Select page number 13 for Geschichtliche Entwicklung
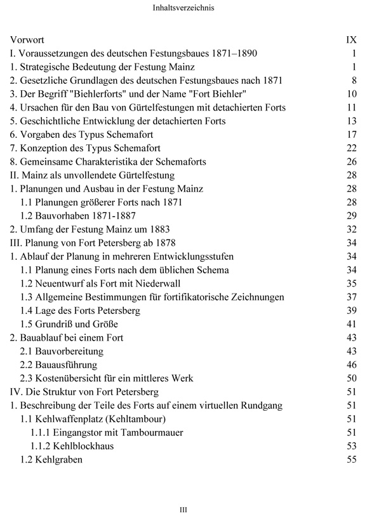point(353,121)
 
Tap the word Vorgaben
point(40,134)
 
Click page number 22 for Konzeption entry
point(353,147)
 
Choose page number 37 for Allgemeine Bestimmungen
point(353,297)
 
